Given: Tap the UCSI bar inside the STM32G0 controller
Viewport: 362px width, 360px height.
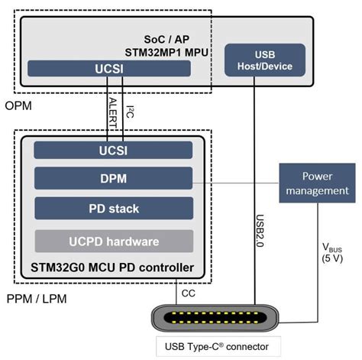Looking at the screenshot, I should point(112,150).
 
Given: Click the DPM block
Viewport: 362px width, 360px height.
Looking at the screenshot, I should point(112,180).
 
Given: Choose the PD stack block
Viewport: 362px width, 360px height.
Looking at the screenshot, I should point(112,208).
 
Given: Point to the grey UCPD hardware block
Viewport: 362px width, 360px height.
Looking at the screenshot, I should point(112,241).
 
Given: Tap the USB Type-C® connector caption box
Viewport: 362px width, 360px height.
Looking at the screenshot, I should point(217,346).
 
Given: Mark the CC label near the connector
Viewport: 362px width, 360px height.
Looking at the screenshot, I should point(188,292).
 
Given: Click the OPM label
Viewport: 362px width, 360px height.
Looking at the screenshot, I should point(18,105).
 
